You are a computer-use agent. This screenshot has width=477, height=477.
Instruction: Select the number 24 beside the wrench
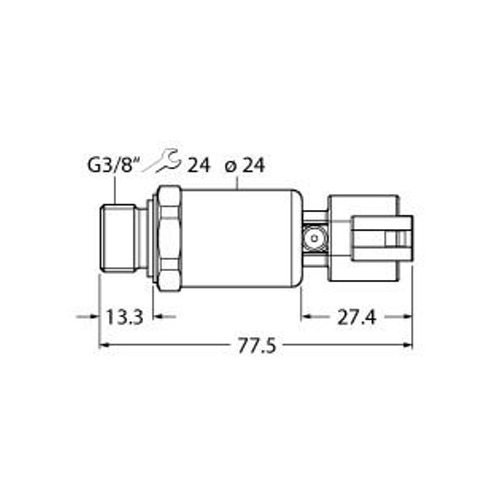[x=199, y=165]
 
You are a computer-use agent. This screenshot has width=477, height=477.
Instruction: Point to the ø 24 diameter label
[x=244, y=165]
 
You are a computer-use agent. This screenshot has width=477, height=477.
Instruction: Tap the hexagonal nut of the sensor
[x=169, y=237]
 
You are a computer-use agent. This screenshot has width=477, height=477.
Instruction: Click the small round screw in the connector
[x=314, y=237]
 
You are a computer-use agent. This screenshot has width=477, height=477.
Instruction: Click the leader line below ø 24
[x=238, y=184]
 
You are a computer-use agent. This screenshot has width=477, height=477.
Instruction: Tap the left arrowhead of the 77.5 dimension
[x=103, y=346]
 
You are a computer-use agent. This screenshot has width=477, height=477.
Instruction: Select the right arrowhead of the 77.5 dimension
[x=409, y=346]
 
